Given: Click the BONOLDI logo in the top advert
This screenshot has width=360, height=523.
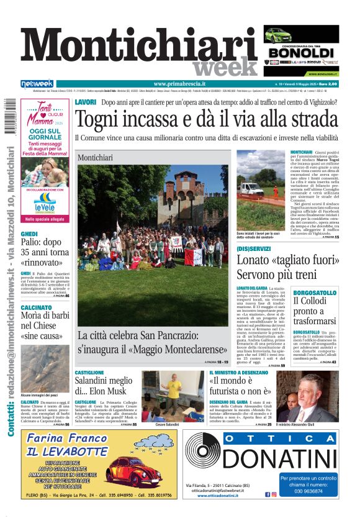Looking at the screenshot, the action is (301, 53).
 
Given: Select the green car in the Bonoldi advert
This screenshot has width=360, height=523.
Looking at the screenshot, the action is (278, 35).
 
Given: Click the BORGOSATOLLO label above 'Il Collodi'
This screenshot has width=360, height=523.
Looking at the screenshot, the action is (315, 292).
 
